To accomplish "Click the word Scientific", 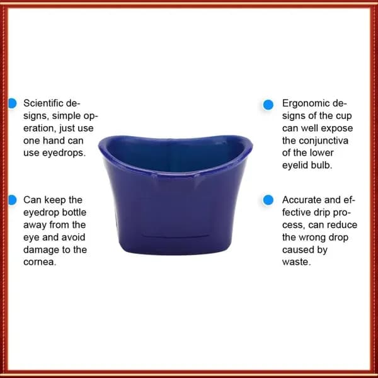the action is pyautogui.click(x=43, y=103).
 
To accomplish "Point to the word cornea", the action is pyautogui.click(x=40, y=262).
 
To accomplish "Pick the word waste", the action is pyautogui.click(x=297, y=262).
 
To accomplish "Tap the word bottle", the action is pyautogui.click(x=74, y=212).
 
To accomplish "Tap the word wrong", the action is pyautogui.click(x=312, y=238).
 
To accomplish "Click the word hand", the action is pyautogui.click(x=54, y=140).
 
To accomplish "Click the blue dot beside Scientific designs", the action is pyautogui.click(x=13, y=103).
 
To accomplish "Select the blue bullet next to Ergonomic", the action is pyautogui.click(x=268, y=105).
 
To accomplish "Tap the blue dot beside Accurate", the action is pyautogui.click(x=268, y=200).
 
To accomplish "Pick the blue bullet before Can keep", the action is pyautogui.click(x=13, y=200).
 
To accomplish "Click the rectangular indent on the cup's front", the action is pyautogui.click(x=175, y=235).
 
